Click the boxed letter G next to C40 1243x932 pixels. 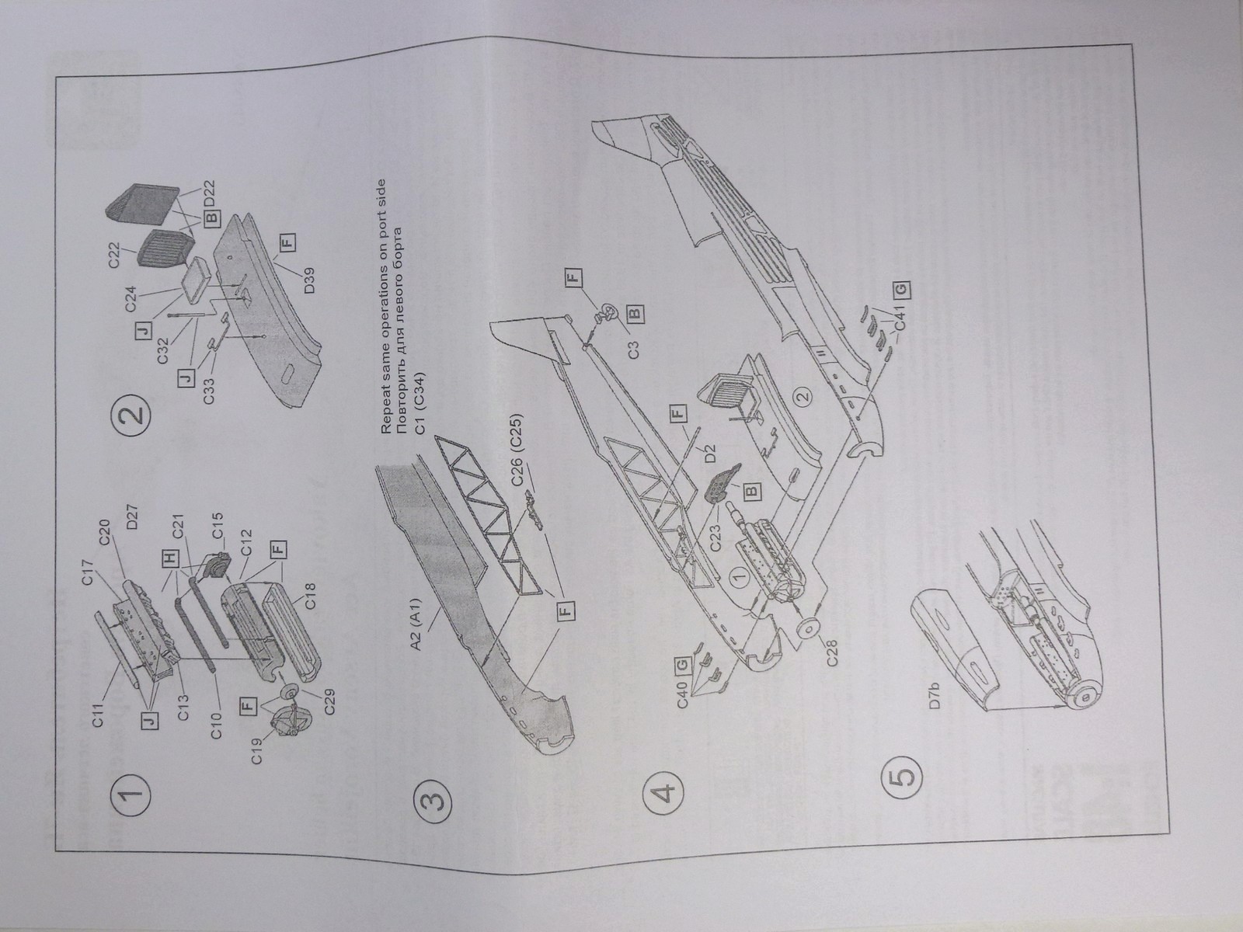point(681,666)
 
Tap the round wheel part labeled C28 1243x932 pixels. point(806,628)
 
